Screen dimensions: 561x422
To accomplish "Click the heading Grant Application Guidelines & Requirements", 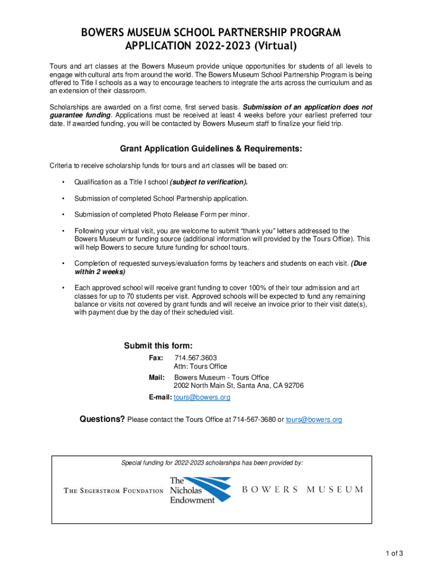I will tap(211, 149).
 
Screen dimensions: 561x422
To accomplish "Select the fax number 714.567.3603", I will tap(192, 358).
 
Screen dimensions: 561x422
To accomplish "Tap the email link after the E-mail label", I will tap(202, 397).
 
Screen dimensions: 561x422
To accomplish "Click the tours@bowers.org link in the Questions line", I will tap(314, 420).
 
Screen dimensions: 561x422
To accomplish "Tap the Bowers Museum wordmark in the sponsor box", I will tap(303, 489).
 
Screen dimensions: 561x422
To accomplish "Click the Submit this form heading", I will tap(158, 346).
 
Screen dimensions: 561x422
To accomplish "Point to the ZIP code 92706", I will tap(292, 386).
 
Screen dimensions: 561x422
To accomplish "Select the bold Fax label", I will tap(156, 358).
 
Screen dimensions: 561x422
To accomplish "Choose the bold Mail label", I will tap(157, 377).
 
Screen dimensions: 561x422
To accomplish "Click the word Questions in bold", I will tap(102, 419).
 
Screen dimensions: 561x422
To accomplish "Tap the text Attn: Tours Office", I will tap(200, 367).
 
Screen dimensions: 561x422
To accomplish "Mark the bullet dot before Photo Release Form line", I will tap(64, 215).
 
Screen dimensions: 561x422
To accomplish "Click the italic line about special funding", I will tap(212, 463).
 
